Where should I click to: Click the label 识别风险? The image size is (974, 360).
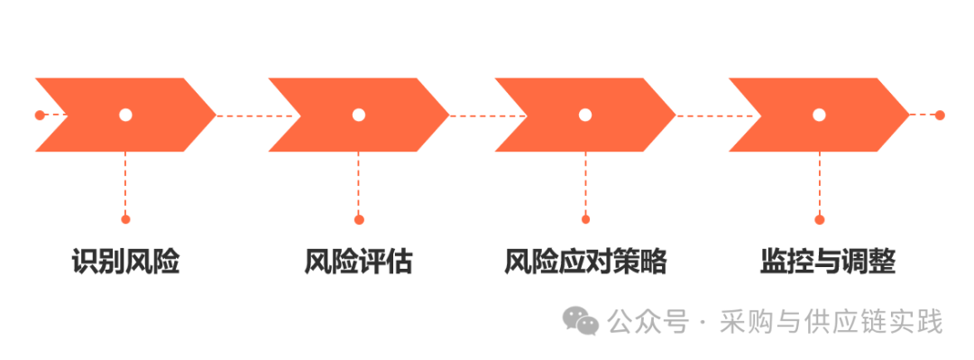coord(125,263)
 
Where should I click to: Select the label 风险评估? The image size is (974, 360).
coord(358,263)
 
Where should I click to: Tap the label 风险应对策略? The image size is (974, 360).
coord(585,263)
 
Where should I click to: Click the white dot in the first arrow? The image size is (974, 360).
coord(125,115)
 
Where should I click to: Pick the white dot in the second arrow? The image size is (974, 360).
coord(358,115)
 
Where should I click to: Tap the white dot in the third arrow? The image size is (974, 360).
coord(585,115)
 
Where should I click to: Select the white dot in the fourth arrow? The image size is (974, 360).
coord(819,115)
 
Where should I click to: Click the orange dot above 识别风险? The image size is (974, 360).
coord(125,219)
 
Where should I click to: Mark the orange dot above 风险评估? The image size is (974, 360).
coord(358,219)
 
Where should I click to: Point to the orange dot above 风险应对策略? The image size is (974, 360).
coord(585,219)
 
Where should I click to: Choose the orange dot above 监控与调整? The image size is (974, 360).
coord(819,219)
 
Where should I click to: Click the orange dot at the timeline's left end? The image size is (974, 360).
coord(40,115)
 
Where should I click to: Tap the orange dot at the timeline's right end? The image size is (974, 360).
coord(940,115)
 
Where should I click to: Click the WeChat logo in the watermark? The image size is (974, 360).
coord(581,321)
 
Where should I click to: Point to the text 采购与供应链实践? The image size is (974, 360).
coord(832,321)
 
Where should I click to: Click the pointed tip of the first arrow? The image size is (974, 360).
coord(216,115)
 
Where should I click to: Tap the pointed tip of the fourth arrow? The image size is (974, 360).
coord(909,115)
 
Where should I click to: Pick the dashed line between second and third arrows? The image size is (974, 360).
coord(488,115)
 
